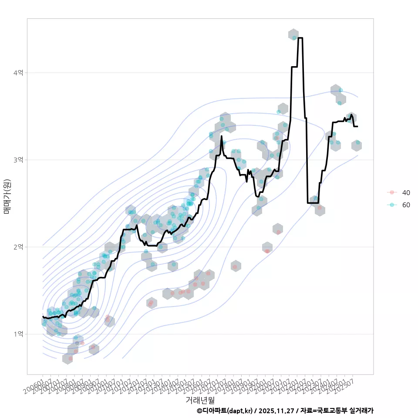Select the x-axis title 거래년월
pos(200,399)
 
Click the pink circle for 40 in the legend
pos(392,192)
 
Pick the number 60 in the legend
pos(406,205)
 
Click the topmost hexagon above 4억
pos(293,35)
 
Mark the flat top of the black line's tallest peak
pos(300,38)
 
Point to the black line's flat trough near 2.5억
pos(313,203)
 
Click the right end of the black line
pos(357,126)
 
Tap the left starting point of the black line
pos(43,317)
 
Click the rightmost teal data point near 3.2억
pos(358,142)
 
